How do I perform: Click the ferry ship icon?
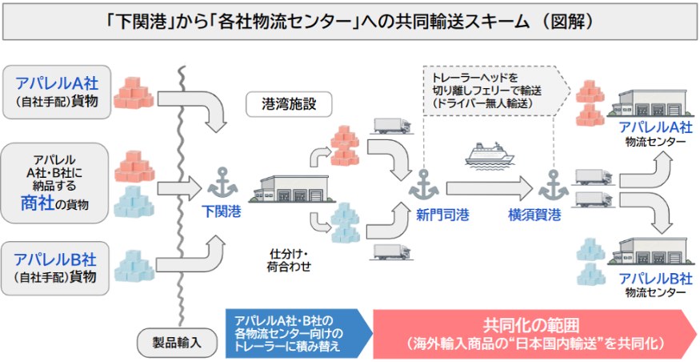pyautogui.click(x=490, y=155)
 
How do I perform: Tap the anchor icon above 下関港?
pyautogui.click(x=222, y=183)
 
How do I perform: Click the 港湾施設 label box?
pyautogui.click(x=289, y=104)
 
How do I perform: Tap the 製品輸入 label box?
pyautogui.click(x=177, y=343)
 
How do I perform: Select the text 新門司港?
pyautogui.click(x=442, y=215)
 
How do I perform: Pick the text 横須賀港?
pyautogui.click(x=534, y=215)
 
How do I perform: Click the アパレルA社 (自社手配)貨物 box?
pyautogui.click(x=57, y=92)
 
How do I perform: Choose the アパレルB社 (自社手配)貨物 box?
pyautogui.click(x=55, y=268)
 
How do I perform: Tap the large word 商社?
pyautogui.click(x=38, y=203)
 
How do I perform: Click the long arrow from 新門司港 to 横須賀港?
pyautogui.click(x=490, y=188)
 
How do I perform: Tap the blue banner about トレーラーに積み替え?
pyautogui.click(x=298, y=333)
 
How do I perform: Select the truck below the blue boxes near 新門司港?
pyautogui.click(x=392, y=252)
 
